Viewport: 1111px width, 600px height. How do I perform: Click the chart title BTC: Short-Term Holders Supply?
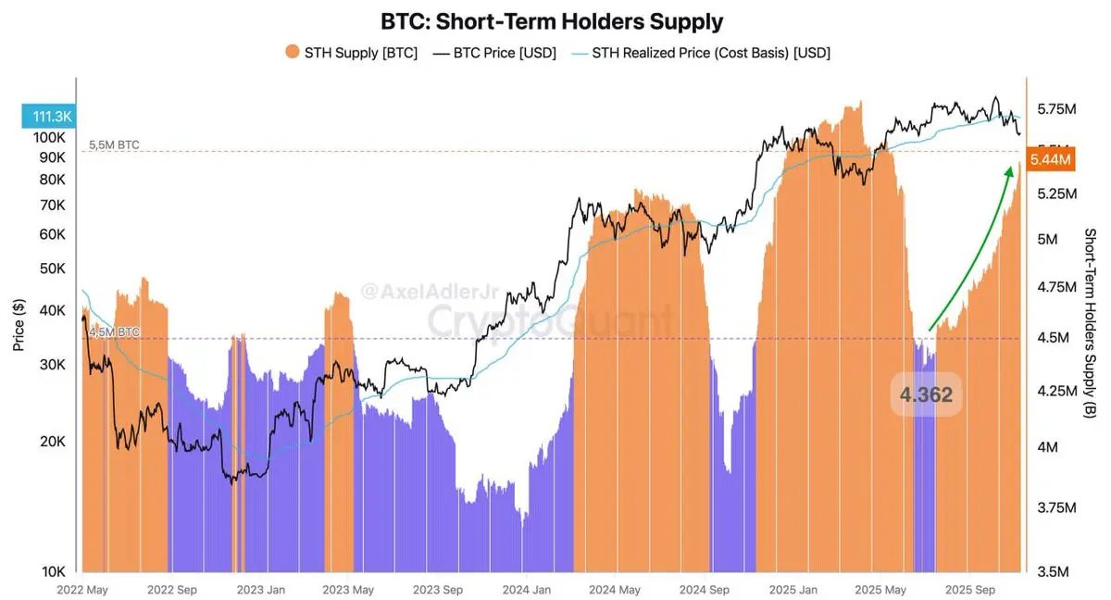click(553, 20)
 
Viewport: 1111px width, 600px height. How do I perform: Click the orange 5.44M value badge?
click(1050, 160)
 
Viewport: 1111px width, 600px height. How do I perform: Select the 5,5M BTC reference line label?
click(115, 145)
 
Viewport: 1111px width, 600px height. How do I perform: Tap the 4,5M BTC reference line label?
click(115, 331)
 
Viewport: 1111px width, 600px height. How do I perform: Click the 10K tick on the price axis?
click(53, 570)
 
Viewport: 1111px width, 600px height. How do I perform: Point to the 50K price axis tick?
click(53, 269)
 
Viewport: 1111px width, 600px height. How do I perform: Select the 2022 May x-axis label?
click(81, 589)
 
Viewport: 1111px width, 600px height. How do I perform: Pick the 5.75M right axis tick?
click(1056, 109)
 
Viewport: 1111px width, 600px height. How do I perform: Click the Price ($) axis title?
click(19, 324)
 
